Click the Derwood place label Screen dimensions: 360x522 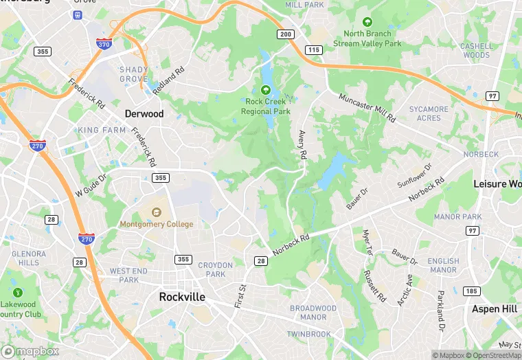point(144,113)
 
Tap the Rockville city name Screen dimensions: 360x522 point(182,297)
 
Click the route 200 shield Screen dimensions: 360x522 point(285,34)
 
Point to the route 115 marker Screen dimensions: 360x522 point(315,49)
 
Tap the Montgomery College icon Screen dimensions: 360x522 point(157,211)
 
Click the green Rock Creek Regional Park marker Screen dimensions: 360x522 point(266,89)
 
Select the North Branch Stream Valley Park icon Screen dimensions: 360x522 point(367,22)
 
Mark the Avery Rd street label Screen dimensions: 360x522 point(302,145)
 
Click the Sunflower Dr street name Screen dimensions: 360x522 point(415,176)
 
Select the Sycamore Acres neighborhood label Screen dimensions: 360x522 point(429,113)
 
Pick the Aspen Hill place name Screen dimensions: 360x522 point(495,309)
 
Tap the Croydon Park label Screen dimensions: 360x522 point(216,269)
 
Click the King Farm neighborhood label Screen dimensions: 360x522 point(102,130)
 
